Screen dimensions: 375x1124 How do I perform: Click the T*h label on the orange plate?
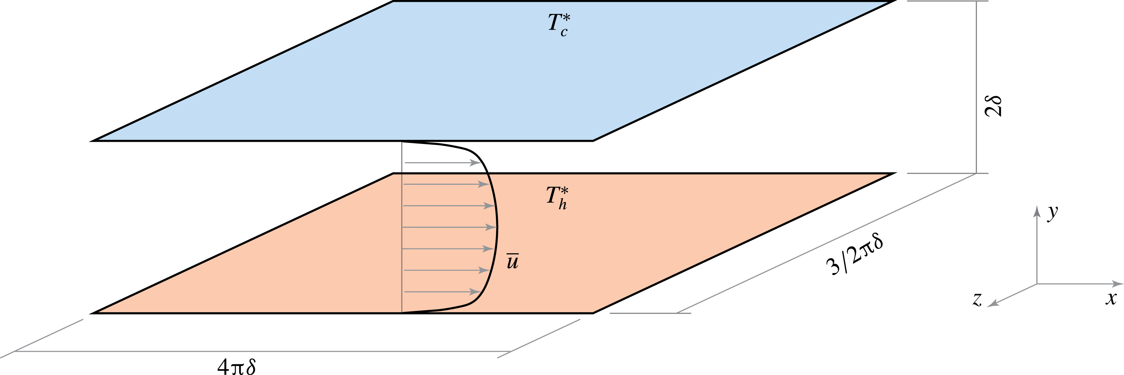tap(557, 197)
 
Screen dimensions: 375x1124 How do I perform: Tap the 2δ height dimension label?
tap(993, 106)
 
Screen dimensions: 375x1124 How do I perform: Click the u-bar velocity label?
tap(512, 261)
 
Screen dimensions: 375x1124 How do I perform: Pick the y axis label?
tap(1052, 212)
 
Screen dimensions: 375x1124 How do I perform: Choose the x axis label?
tap(1111, 298)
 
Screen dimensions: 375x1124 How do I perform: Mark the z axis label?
tap(977, 300)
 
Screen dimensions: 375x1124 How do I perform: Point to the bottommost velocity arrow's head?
tap(477, 292)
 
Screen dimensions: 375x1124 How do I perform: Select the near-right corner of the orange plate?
tap(592, 313)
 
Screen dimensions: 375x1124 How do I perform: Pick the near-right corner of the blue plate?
tap(592, 141)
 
